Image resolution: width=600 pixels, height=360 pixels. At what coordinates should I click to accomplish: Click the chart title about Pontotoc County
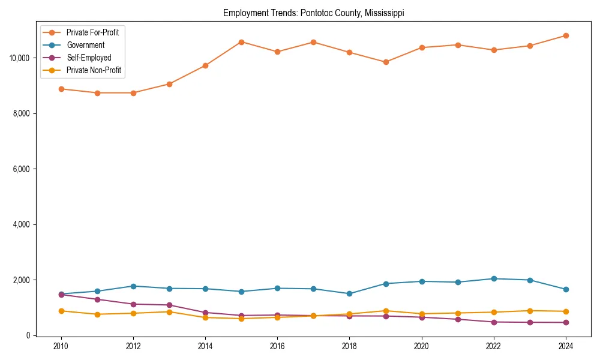[314, 13]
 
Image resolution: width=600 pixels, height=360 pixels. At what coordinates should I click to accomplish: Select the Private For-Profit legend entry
[92, 32]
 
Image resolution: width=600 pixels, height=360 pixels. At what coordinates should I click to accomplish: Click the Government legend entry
[85, 45]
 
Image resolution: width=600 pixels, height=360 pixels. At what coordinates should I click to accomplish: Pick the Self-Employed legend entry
[89, 58]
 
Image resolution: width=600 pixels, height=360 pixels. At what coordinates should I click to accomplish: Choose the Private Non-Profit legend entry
[94, 70]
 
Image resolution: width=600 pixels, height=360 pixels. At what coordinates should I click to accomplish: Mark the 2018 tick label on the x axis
[349, 346]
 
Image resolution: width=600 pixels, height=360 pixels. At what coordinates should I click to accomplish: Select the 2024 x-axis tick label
[565, 346]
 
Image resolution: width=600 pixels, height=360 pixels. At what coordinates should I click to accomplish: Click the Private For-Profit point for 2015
[241, 42]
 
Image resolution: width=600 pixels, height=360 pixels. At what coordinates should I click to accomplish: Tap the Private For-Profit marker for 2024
[565, 35]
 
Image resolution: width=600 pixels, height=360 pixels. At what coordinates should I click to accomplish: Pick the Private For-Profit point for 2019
[385, 62]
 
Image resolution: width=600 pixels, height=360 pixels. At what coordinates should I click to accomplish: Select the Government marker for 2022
[493, 278]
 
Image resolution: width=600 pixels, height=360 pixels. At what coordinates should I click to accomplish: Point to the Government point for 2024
[565, 289]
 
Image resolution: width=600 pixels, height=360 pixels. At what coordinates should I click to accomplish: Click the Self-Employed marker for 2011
[97, 299]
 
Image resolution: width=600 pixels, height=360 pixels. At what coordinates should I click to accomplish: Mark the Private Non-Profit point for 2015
[241, 319]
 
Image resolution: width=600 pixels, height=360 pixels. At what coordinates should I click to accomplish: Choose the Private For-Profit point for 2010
[61, 89]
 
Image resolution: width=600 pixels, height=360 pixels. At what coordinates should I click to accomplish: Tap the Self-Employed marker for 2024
[565, 322]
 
